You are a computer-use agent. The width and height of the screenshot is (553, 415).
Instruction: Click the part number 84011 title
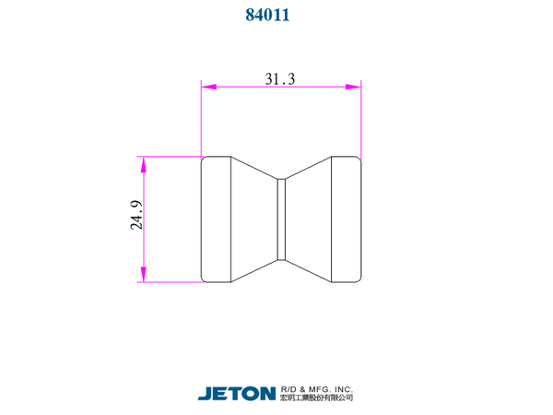coord(267,15)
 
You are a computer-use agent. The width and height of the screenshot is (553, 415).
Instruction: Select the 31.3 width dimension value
coord(279,78)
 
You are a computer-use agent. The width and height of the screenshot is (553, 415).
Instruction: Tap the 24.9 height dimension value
coord(136,215)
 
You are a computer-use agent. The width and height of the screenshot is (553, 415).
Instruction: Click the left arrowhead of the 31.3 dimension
coord(209,87)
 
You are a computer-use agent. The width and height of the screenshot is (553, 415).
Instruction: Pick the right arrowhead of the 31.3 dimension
coord(353,87)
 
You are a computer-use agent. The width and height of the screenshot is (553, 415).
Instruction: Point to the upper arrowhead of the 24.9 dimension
coord(143,164)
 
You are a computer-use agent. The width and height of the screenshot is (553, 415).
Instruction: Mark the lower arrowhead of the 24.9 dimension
coord(143,274)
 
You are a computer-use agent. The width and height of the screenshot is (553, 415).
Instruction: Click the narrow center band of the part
coord(281,219)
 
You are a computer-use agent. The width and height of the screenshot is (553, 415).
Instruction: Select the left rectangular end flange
coord(216,219)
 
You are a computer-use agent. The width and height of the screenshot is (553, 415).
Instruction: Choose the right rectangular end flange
coord(347,219)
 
